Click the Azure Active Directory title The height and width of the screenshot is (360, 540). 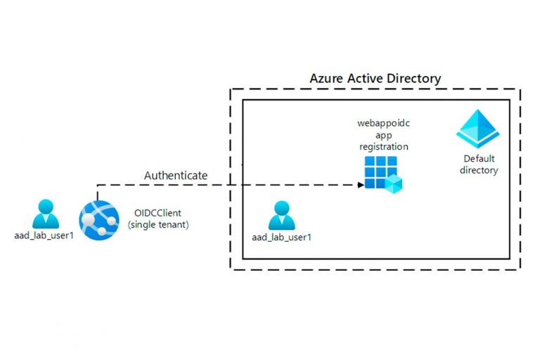375,78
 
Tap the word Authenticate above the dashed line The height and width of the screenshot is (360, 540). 176,175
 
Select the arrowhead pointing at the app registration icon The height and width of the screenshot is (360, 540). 360,185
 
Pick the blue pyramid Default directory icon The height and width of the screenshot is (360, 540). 478,129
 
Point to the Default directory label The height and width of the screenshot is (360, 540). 478,165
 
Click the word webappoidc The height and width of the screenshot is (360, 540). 383,124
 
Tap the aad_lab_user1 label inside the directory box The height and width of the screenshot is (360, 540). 281,237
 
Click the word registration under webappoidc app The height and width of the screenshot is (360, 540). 383,147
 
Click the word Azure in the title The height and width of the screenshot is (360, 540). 327,78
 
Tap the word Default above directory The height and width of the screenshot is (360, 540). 478,159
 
